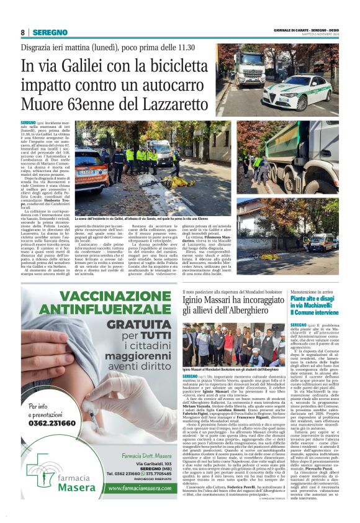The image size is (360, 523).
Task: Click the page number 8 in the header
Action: click(x=22, y=32)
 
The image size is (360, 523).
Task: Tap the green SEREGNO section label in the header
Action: click(x=50, y=32)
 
